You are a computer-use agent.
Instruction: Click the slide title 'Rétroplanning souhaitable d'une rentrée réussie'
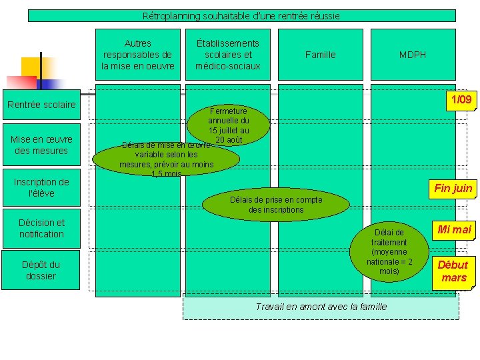(x=241, y=15)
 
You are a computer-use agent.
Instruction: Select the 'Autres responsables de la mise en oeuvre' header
(x=138, y=55)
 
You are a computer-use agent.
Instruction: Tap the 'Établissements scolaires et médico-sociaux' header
(x=227, y=55)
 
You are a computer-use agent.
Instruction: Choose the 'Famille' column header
(x=320, y=55)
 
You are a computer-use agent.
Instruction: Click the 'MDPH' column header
(x=413, y=55)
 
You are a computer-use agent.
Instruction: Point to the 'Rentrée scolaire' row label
(x=41, y=105)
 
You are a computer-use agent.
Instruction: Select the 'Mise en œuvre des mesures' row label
(x=41, y=145)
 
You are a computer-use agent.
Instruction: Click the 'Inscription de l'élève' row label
(x=41, y=187)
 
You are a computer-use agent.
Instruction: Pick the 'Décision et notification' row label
(x=41, y=228)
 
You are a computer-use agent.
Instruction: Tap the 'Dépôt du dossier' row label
(x=41, y=270)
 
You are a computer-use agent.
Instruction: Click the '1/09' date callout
(x=461, y=100)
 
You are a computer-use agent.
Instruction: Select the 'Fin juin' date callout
(x=453, y=188)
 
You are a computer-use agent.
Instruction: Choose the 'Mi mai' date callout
(x=453, y=229)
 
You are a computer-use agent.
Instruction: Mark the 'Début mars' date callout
(x=453, y=271)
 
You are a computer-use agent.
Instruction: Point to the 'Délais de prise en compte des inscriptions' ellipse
(x=275, y=205)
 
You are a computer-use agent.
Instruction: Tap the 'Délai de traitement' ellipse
(x=389, y=251)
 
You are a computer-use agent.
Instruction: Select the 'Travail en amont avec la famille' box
(x=321, y=307)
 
